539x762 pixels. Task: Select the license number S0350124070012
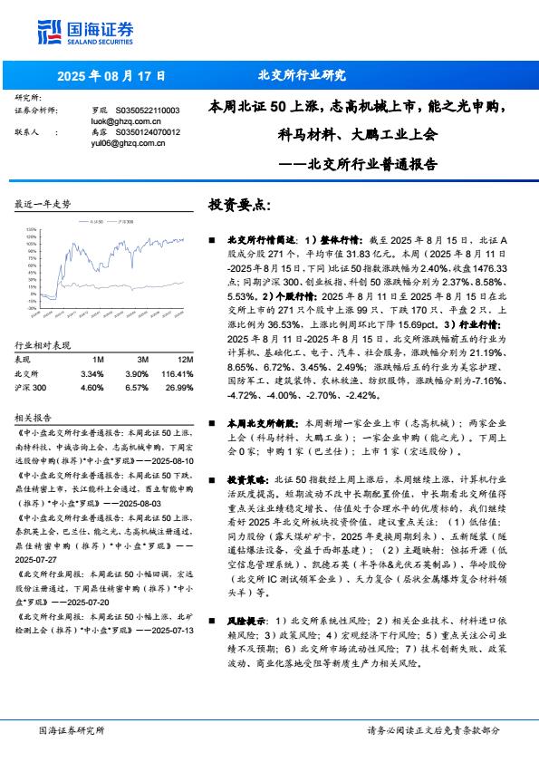pos(136,132)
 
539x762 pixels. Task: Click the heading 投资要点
pos(239,206)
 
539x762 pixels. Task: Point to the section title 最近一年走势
pos(43,205)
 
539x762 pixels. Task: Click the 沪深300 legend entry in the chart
pos(129,220)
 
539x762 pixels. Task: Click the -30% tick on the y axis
pos(33,307)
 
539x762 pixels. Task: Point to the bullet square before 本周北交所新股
pos(212,423)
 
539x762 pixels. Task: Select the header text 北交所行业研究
pos(302,76)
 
